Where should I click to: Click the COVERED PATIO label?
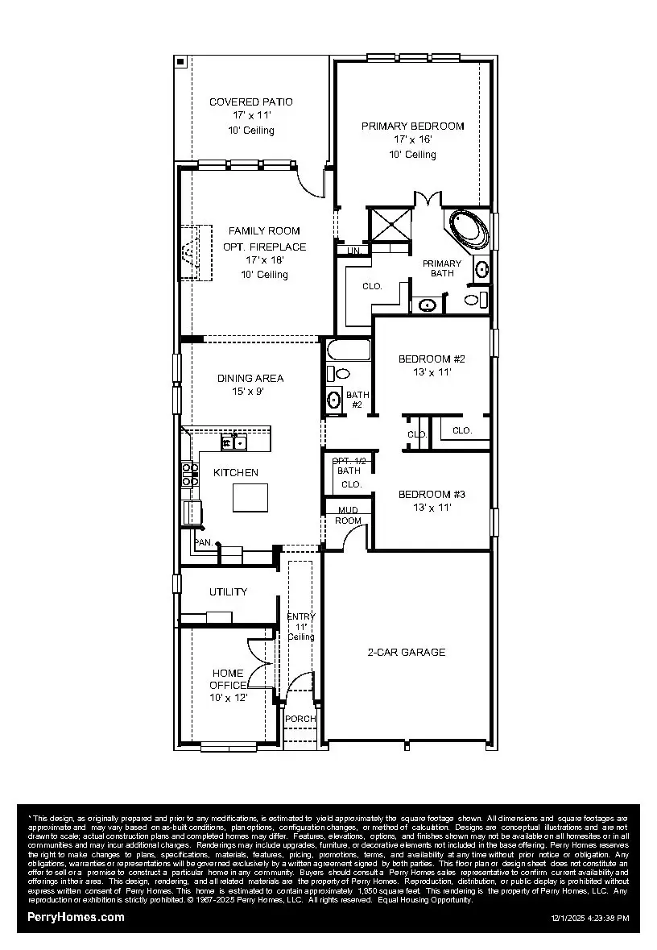250,102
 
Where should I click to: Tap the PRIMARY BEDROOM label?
412,127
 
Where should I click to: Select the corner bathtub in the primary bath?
467,229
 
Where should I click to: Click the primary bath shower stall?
390,223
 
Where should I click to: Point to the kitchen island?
251,497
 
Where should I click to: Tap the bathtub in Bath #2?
349,351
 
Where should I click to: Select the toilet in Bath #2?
341,373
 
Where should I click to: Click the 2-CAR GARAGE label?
407,652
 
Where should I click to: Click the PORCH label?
300,719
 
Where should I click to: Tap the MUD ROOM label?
348,515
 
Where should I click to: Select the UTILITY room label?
229,591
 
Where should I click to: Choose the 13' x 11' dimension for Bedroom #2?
432,372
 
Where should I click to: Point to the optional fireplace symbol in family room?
191,252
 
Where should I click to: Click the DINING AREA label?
250,378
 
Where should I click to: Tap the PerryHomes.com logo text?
76,917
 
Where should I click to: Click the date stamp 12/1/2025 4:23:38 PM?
590,918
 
